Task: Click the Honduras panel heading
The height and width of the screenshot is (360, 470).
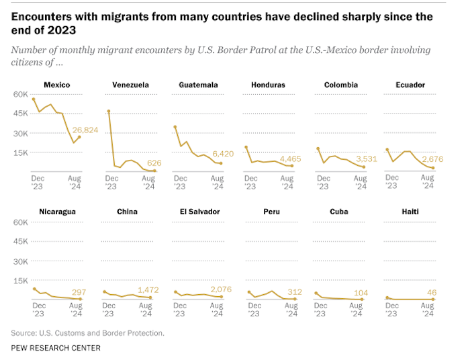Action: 268,85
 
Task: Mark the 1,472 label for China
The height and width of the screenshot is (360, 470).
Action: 158,289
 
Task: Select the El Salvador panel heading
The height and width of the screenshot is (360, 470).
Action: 199,212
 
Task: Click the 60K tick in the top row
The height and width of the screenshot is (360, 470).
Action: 19,94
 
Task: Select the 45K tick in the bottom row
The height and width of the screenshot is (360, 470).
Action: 19,242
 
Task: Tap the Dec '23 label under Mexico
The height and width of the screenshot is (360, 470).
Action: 38,182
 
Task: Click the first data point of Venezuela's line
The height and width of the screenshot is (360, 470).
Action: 108,111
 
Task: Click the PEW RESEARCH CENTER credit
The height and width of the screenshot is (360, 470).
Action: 56,348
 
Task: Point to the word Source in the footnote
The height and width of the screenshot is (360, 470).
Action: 23,332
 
